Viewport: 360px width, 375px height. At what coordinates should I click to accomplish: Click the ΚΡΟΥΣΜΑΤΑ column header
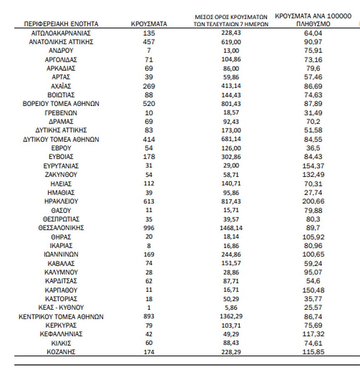tap(149, 24)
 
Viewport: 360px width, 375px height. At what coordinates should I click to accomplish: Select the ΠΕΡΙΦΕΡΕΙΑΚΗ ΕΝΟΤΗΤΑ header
tap(61, 24)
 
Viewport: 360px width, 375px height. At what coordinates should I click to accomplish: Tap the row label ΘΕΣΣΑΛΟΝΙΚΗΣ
tap(61, 228)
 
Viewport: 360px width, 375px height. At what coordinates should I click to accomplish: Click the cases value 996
tap(149, 228)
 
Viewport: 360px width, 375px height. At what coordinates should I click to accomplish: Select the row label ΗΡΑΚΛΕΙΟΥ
tap(61, 201)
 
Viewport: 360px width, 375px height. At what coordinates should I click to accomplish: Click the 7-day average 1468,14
tap(231, 228)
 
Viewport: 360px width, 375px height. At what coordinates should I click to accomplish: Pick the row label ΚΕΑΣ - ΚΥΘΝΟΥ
tap(61, 308)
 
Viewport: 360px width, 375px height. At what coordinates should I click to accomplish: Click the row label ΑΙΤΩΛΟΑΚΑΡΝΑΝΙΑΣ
tap(61, 33)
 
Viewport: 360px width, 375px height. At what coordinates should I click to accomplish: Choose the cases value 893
tap(149, 316)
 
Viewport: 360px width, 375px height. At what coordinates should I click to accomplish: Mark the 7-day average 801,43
tap(231, 104)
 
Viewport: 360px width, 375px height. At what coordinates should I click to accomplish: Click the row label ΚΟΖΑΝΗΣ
tap(61, 352)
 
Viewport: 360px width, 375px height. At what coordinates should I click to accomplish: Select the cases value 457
tap(149, 42)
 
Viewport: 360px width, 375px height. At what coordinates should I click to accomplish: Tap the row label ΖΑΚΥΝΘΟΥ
tap(61, 174)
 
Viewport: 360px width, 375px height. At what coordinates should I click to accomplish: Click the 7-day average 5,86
tap(231, 308)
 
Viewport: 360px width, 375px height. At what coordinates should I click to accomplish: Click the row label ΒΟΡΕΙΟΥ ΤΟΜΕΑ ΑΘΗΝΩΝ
tap(61, 104)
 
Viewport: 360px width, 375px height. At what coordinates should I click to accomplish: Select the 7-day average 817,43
tap(231, 201)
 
